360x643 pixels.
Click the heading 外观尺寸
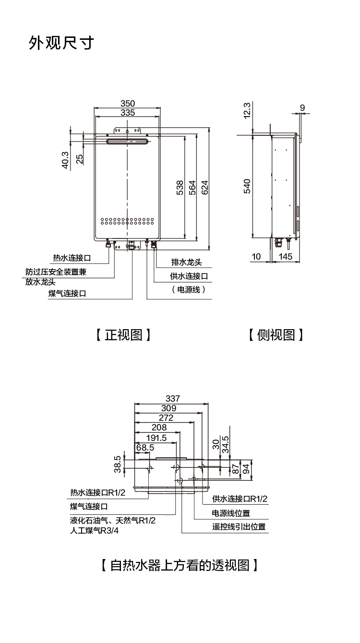(61, 43)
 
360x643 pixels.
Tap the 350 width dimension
(128, 103)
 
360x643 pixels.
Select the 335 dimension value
(128, 113)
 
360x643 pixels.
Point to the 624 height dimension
(204, 188)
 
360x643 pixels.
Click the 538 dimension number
(180, 188)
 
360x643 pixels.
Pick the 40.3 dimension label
(66, 160)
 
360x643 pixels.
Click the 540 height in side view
(247, 186)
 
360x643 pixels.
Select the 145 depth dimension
(285, 257)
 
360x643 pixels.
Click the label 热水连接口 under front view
(72, 258)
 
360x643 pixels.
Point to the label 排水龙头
(187, 262)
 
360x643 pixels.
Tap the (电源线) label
(188, 289)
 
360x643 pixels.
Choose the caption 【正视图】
(123, 334)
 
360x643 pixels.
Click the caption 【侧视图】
(276, 334)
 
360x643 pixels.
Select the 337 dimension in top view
(172, 398)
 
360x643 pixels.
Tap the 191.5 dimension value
(156, 438)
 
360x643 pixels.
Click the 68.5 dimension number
(144, 447)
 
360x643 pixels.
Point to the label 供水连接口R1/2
(240, 499)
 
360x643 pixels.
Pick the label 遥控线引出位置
(239, 526)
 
